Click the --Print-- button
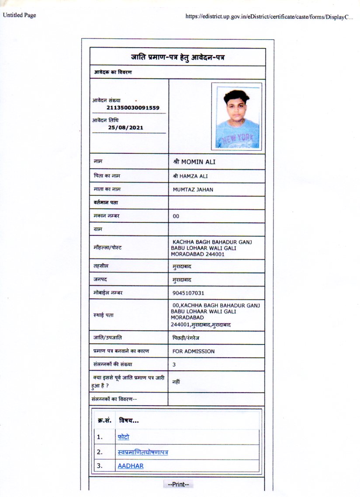(x=177, y=484)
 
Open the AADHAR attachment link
(x=130, y=466)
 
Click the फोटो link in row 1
(x=123, y=437)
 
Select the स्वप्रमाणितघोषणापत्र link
(x=143, y=452)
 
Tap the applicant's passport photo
(x=237, y=116)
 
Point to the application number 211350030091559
(x=133, y=107)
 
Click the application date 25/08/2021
(x=125, y=128)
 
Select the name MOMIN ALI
(x=194, y=162)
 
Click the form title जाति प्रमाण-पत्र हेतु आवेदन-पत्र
(x=177, y=57)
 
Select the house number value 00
(x=176, y=216)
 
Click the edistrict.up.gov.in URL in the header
(x=269, y=17)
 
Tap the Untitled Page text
(x=19, y=15)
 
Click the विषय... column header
(x=129, y=421)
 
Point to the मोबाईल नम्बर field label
(x=108, y=293)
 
